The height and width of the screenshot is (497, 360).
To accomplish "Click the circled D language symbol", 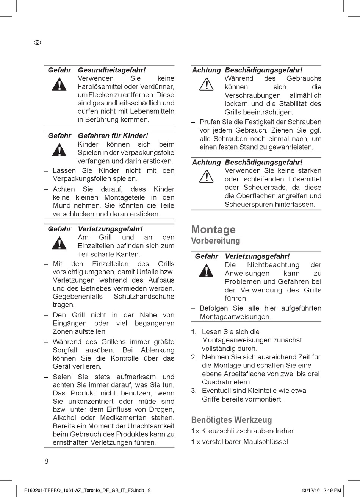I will click(38, 42).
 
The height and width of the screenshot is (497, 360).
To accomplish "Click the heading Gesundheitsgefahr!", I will click(112, 70).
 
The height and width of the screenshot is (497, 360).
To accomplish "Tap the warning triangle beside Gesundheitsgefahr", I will click(59, 84).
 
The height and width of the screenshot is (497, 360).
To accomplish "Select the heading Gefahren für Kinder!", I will click(113, 136).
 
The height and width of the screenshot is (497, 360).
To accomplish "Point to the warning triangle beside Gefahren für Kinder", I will click(59, 150).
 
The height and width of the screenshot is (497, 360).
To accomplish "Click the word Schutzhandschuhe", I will click(144, 297).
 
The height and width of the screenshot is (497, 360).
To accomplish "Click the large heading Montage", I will click(213, 230).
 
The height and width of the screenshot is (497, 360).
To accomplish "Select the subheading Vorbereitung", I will click(215, 241).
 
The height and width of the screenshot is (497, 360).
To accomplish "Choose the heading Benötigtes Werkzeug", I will click(232, 420).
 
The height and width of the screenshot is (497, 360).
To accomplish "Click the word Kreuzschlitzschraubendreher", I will click(247, 431).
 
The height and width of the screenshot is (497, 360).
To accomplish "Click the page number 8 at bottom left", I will click(47, 461).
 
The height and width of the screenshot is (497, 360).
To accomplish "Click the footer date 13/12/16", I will click(310, 490).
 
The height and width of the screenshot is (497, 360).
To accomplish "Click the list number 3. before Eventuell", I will click(194, 391).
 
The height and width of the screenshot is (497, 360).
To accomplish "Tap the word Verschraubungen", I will click(253, 95).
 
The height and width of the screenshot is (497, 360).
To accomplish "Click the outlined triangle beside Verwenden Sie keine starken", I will click(207, 176).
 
